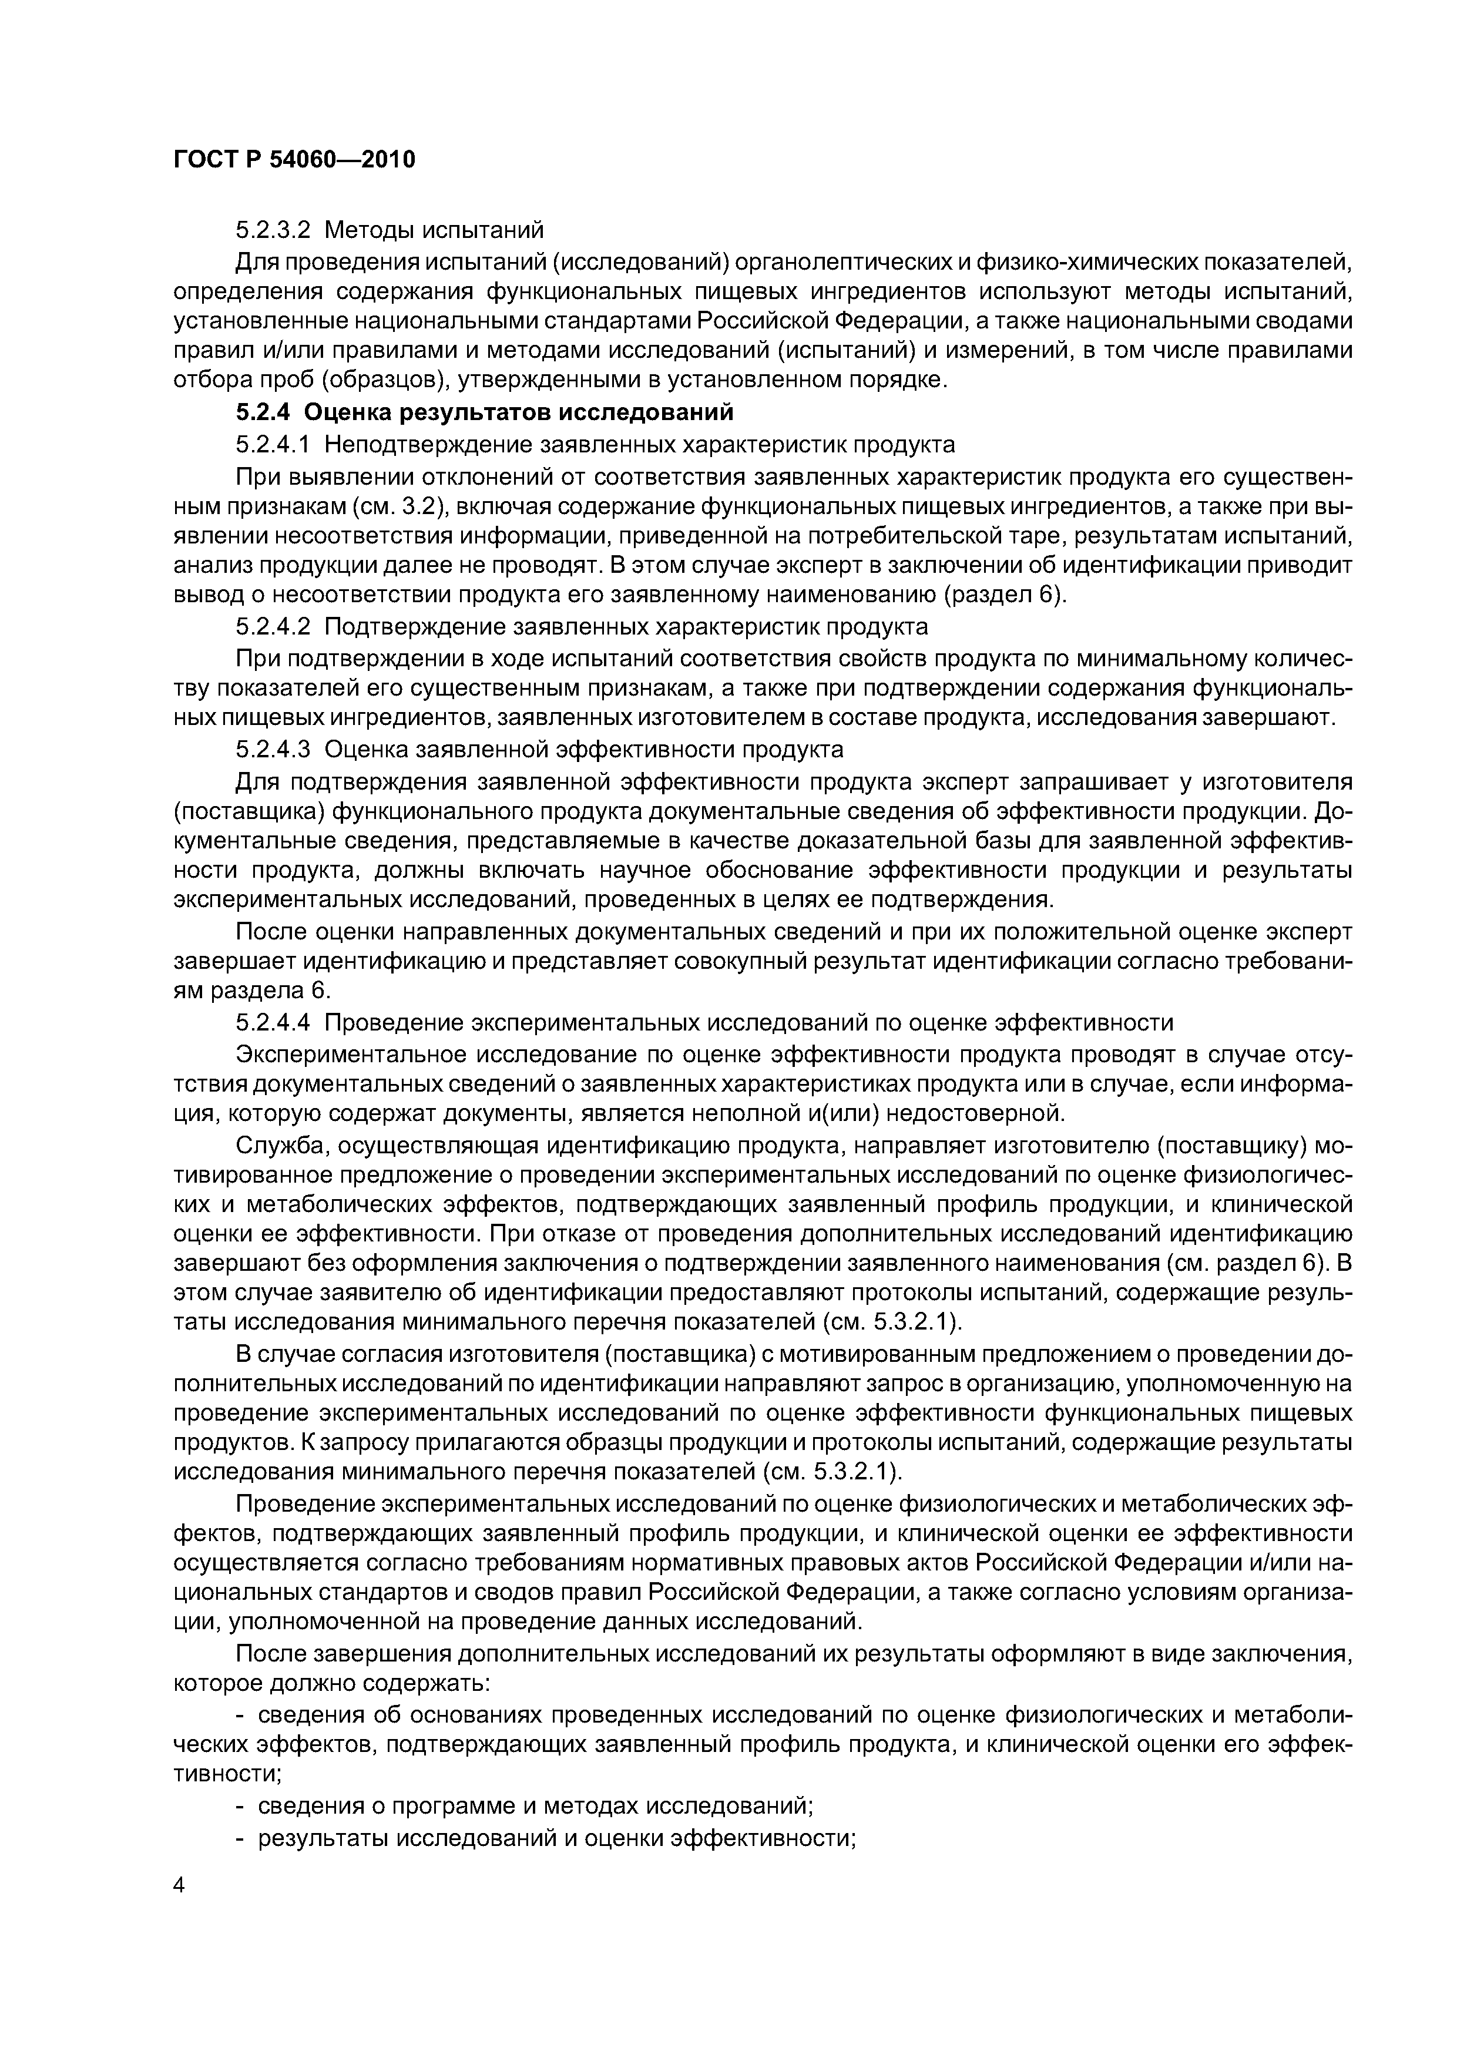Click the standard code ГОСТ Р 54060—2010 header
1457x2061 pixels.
click(294, 160)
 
